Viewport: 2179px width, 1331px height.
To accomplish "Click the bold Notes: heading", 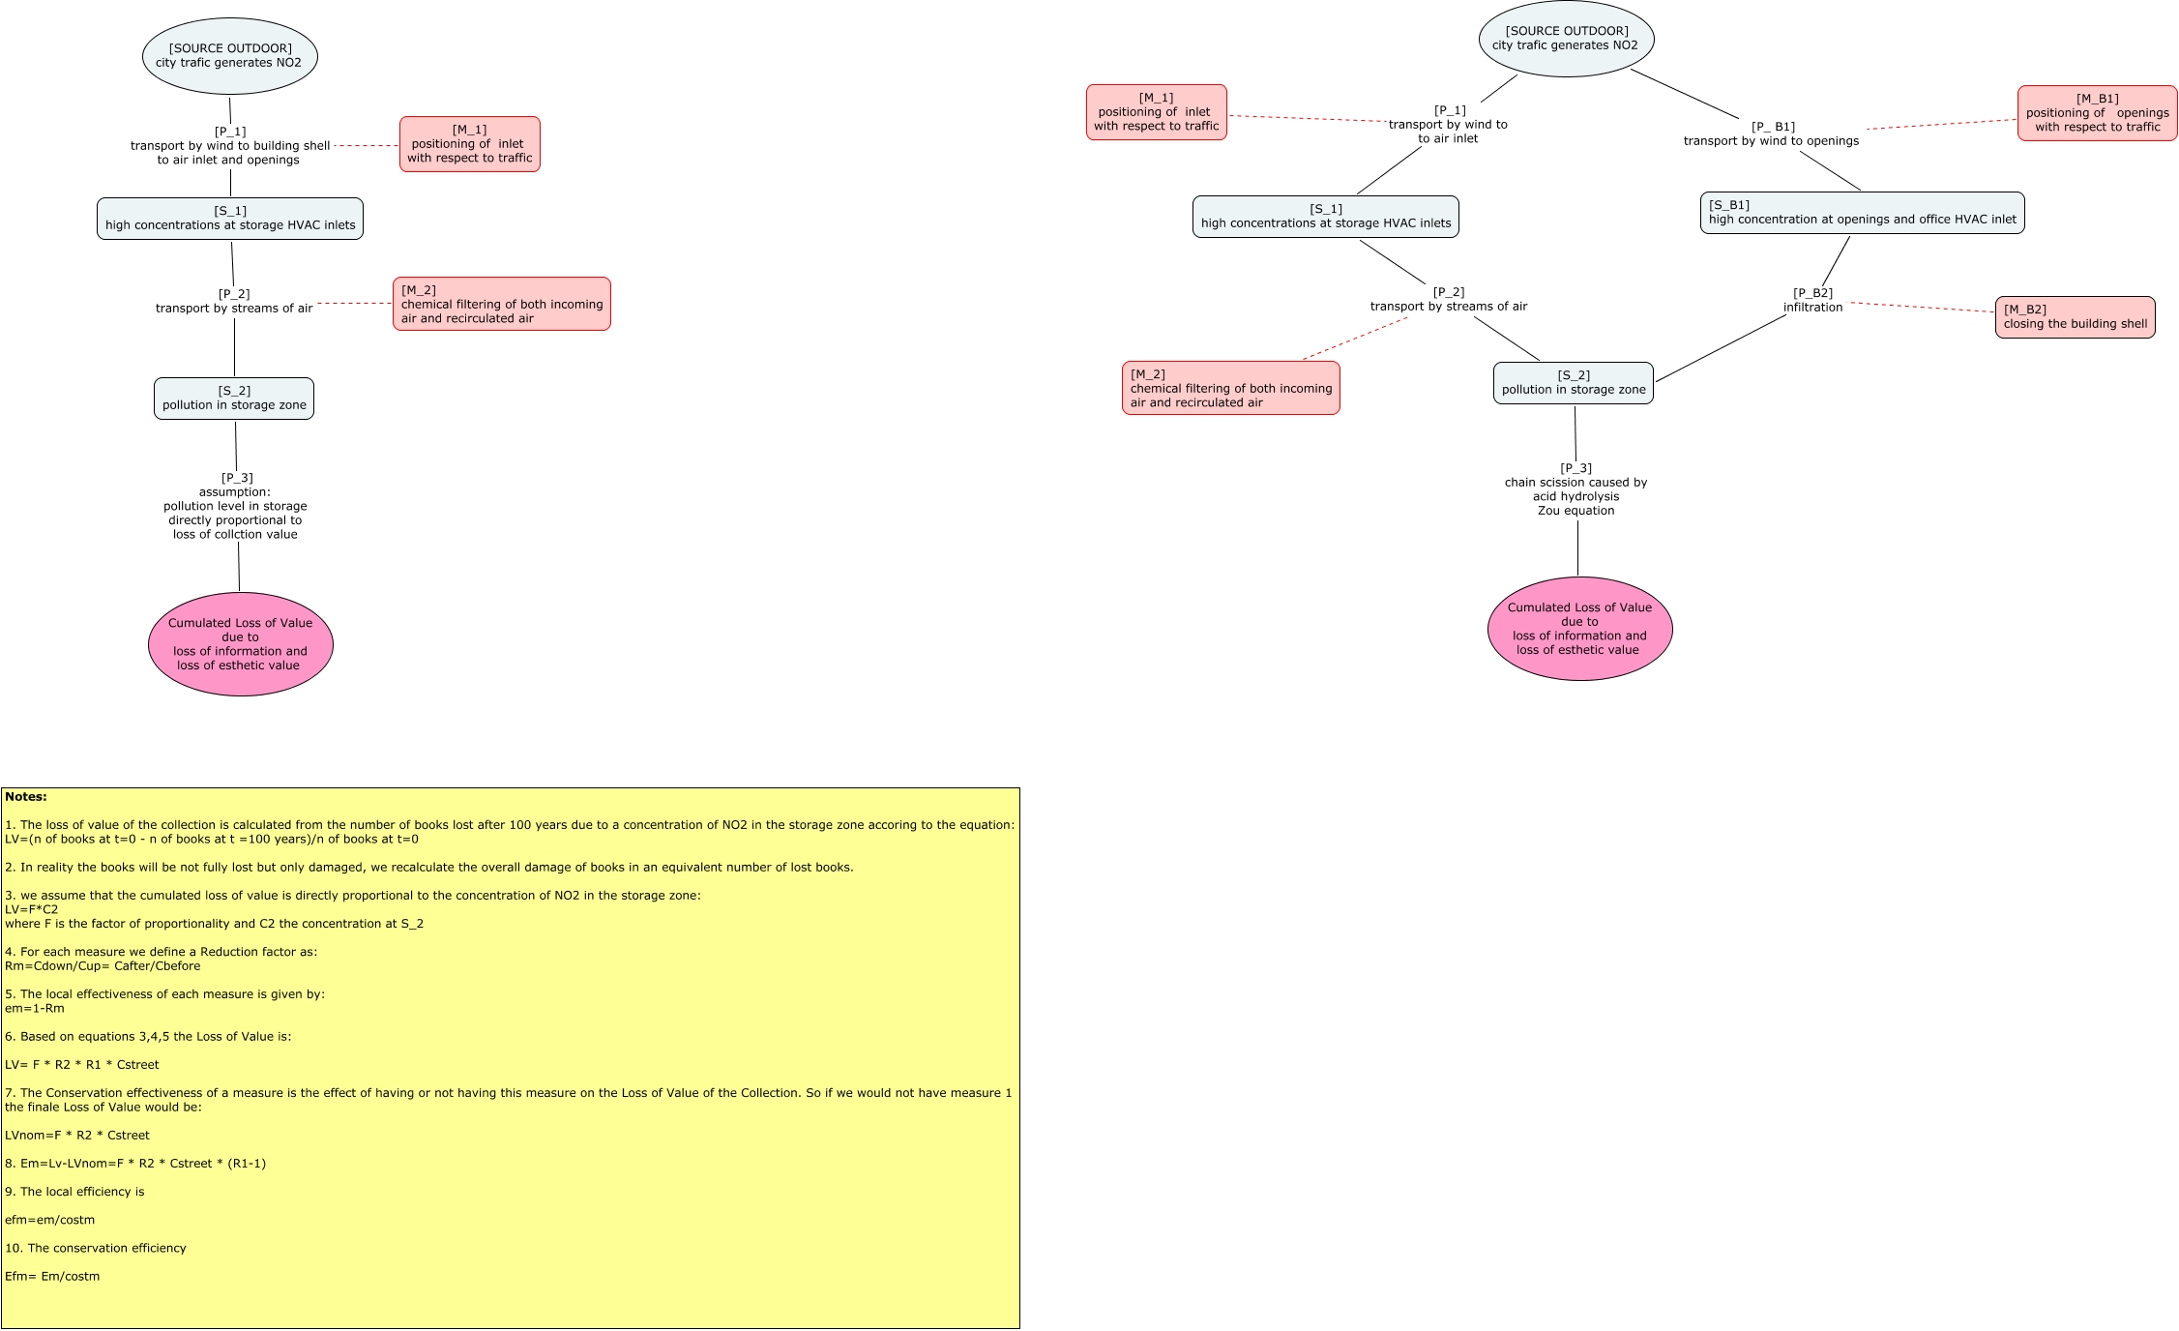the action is [x=26, y=797].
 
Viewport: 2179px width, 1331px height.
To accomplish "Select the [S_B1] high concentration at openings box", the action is [x=1862, y=213].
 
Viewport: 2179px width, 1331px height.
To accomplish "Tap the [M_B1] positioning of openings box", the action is [x=2097, y=113].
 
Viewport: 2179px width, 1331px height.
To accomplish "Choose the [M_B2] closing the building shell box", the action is [x=2075, y=317].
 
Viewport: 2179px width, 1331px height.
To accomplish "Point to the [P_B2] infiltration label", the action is [x=1812, y=300].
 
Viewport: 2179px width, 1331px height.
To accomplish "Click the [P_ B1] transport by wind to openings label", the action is [x=1771, y=133].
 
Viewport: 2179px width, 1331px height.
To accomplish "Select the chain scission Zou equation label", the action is [x=1575, y=489].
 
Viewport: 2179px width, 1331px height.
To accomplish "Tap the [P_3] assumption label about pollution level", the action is [x=235, y=506].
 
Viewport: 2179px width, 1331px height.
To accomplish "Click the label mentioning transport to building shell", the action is [x=229, y=146].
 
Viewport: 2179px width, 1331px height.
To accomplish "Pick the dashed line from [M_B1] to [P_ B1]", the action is [x=1942, y=124].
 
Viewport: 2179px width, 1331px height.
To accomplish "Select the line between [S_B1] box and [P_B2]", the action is [x=1836, y=261].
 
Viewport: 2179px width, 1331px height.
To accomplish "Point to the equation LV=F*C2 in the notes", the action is [x=32, y=909].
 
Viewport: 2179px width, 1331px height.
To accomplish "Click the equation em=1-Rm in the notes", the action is [x=35, y=1008].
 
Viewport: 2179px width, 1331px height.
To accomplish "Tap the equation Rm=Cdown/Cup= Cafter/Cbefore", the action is [x=103, y=965].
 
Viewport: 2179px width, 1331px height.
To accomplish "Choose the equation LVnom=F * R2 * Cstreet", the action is [x=77, y=1135].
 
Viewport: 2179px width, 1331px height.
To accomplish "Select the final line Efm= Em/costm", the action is [x=52, y=1276].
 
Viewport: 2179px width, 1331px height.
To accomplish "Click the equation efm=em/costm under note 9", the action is [x=50, y=1220].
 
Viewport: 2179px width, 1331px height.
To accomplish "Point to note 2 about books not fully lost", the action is [x=429, y=867].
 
